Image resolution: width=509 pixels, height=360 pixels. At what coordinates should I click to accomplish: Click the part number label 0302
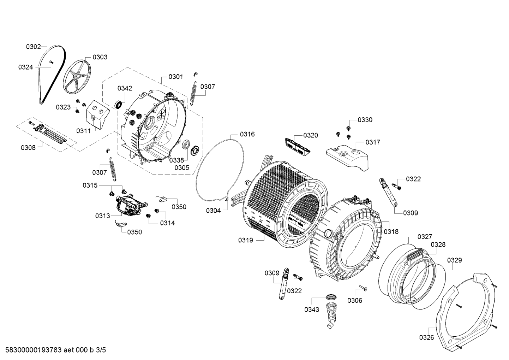pos(34,46)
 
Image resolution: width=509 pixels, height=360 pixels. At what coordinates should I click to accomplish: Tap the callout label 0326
pos(426,337)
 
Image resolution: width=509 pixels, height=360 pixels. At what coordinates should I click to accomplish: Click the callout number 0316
pos(247,134)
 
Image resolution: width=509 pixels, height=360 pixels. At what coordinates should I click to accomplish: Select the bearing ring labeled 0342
pos(119,104)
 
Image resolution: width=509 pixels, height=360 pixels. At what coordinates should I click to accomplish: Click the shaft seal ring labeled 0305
pos(195,151)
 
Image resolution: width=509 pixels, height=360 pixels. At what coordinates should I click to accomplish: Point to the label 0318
pos(391,232)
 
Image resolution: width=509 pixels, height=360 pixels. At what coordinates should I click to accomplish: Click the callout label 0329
pos(454,260)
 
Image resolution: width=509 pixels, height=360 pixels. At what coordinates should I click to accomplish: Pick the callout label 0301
pos(175,77)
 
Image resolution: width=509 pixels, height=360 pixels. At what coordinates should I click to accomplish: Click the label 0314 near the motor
pos(167,223)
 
